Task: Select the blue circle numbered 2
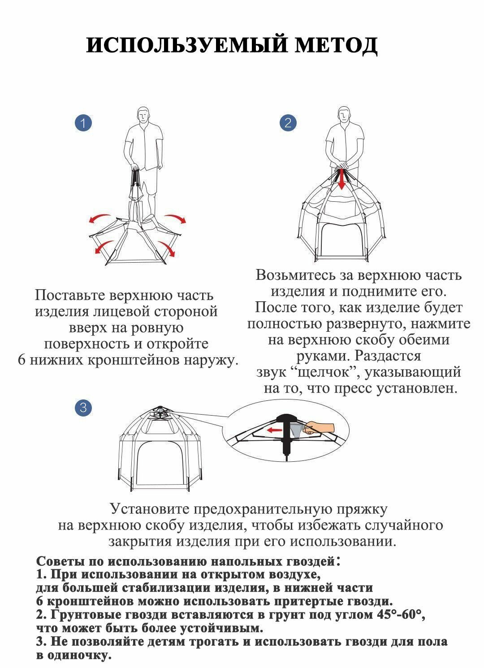(x=288, y=123)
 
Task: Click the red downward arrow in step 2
(x=342, y=179)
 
